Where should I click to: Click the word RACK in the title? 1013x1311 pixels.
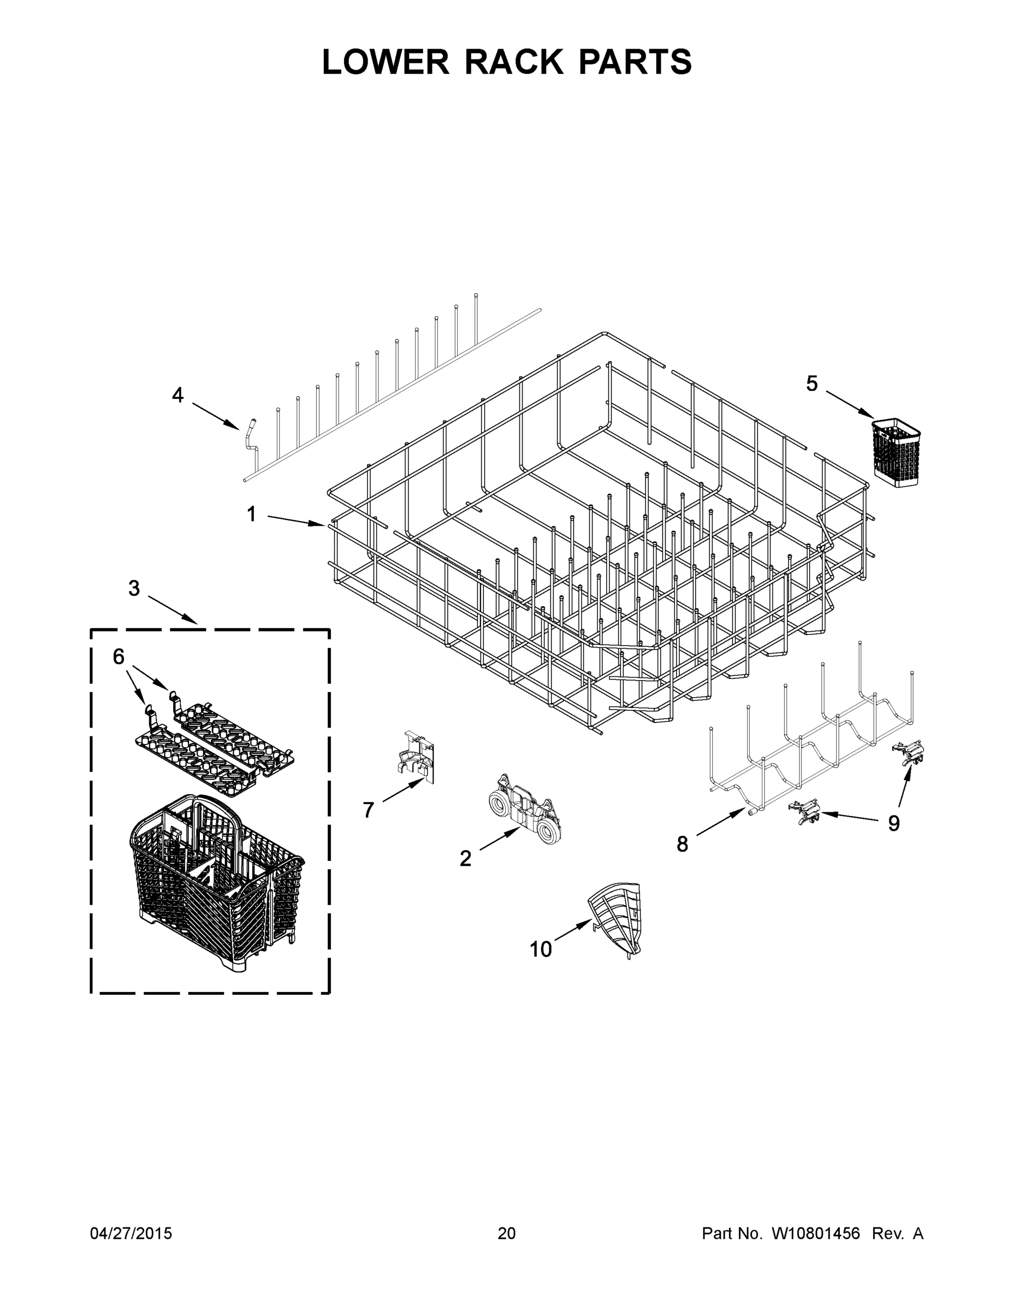(514, 62)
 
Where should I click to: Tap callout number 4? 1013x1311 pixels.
(177, 395)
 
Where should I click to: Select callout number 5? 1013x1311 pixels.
(811, 383)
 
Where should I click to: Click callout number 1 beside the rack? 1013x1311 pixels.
(251, 514)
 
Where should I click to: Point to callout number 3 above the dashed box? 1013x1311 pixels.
(134, 588)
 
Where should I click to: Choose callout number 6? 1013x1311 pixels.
(119, 657)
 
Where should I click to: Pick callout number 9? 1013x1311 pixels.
(893, 824)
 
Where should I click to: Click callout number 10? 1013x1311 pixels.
(540, 949)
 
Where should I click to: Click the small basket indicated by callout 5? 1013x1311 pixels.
(896, 451)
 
